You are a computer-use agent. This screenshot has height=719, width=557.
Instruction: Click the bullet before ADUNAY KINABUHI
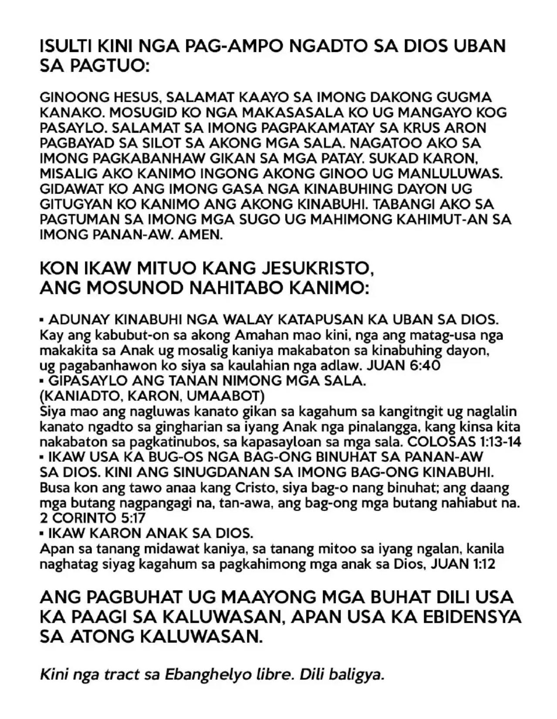point(42,321)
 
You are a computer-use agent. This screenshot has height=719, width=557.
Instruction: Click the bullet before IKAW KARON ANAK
point(42,534)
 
